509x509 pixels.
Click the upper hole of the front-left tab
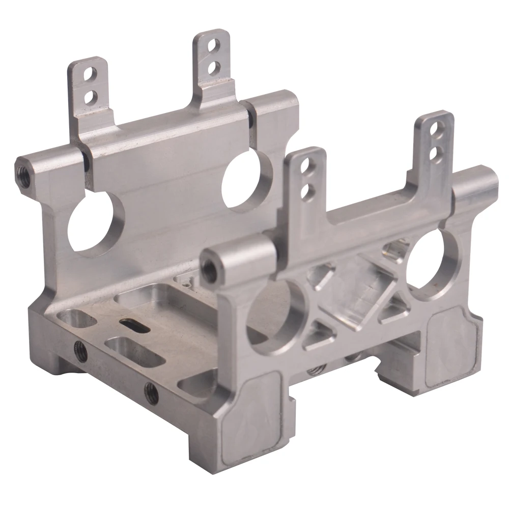click(305, 165)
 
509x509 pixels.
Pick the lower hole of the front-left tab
click(306, 191)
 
